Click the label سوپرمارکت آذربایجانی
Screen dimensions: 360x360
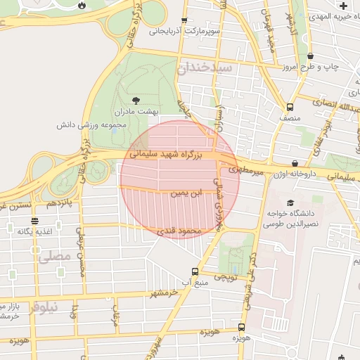[x=184, y=32]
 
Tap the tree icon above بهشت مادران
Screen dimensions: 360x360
[x=136, y=100]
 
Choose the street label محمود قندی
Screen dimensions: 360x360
[x=181, y=230]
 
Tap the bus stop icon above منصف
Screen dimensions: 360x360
[x=290, y=108]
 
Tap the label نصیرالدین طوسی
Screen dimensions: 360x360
[x=290, y=224]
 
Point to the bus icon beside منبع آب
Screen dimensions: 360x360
[x=195, y=271]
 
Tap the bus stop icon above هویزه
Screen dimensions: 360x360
[x=241, y=327]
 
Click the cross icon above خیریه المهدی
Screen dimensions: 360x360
[x=343, y=6]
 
